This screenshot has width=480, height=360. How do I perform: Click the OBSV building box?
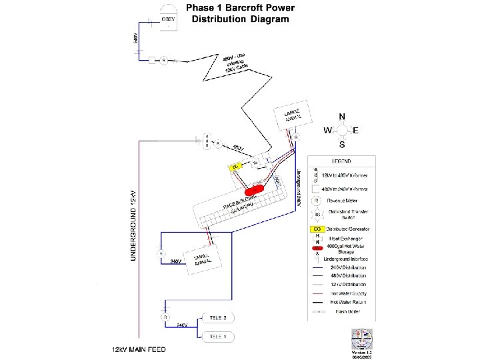pyautogui.click(x=167, y=18)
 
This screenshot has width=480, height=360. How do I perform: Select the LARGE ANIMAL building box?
pyautogui.click(x=294, y=115)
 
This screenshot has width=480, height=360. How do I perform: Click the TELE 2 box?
pyautogui.click(x=218, y=317)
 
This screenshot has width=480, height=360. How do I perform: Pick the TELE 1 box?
pyautogui.click(x=218, y=337)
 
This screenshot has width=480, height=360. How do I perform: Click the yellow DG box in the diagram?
pyautogui.click(x=236, y=166)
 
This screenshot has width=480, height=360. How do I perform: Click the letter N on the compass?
pyautogui.click(x=342, y=116)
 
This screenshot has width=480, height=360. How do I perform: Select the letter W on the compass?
pyautogui.click(x=327, y=130)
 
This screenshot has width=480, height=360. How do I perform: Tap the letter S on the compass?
pyautogui.click(x=342, y=144)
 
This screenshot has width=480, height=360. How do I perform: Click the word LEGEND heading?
pyautogui.click(x=342, y=161)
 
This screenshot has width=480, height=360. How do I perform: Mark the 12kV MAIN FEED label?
pyautogui.click(x=138, y=349)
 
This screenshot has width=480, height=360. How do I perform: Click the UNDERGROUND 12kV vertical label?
pyautogui.click(x=133, y=220)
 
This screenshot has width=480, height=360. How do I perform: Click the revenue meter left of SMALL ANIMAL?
pyautogui.click(x=160, y=254)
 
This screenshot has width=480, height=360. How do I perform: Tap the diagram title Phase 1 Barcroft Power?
pyautogui.click(x=240, y=9)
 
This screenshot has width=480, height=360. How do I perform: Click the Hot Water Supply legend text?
pyautogui.click(x=349, y=293)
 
